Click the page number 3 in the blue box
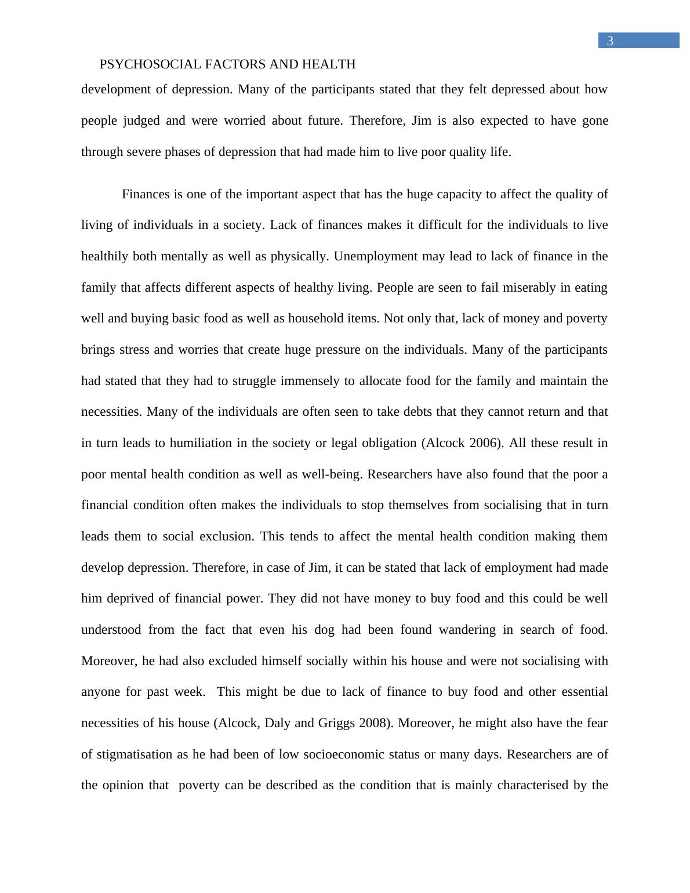click(610, 41)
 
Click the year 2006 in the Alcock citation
click(484, 443)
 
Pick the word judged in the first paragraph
click(137, 121)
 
